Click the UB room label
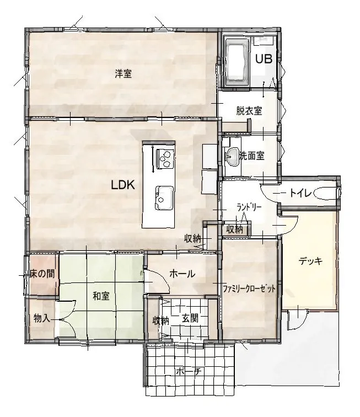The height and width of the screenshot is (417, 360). click(264, 59)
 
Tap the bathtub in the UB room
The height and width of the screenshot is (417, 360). click(237, 62)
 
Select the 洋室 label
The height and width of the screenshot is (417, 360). click(123, 73)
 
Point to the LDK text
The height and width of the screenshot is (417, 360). click(122, 185)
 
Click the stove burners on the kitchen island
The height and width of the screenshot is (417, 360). click(165, 158)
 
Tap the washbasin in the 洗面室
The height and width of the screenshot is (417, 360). click(233, 157)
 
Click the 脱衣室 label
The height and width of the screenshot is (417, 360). click(249, 111)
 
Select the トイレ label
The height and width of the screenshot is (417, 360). click(300, 193)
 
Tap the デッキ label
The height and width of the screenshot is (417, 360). click(310, 261)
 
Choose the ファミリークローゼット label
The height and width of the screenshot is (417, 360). click(249, 288)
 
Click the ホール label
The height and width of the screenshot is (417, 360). click(182, 274)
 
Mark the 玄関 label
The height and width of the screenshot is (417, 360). click(190, 318)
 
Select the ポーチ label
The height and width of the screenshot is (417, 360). click(189, 371)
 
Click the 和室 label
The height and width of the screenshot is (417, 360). click(101, 296)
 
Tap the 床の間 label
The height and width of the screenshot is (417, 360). click(42, 274)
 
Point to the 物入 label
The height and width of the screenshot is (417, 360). click(42, 318)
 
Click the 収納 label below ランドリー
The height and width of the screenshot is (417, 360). click(234, 229)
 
